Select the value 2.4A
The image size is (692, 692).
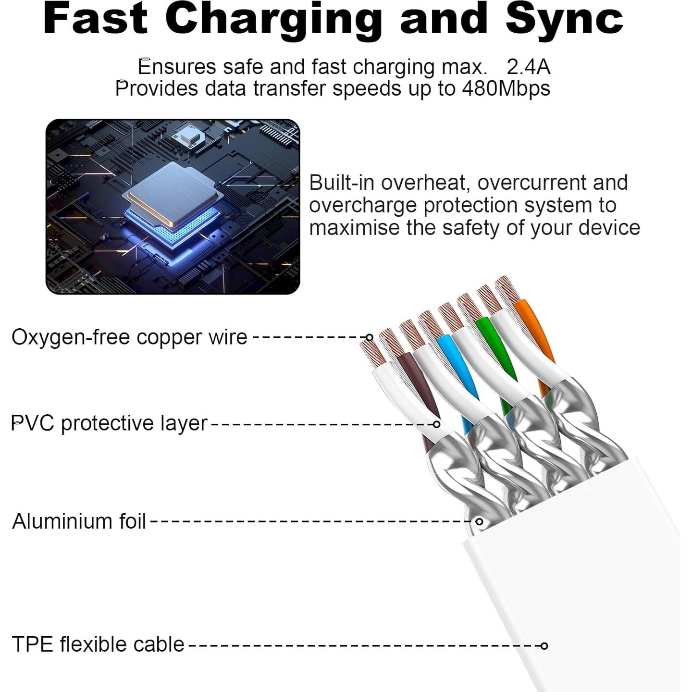528,67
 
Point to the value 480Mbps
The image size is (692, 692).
506,89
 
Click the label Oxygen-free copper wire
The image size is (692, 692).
129,337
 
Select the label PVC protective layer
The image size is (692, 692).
110,423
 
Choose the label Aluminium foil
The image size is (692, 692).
79,521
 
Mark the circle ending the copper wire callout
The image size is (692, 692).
369,337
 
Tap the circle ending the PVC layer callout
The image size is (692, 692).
436,424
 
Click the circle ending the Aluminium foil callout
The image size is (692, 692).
480,521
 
